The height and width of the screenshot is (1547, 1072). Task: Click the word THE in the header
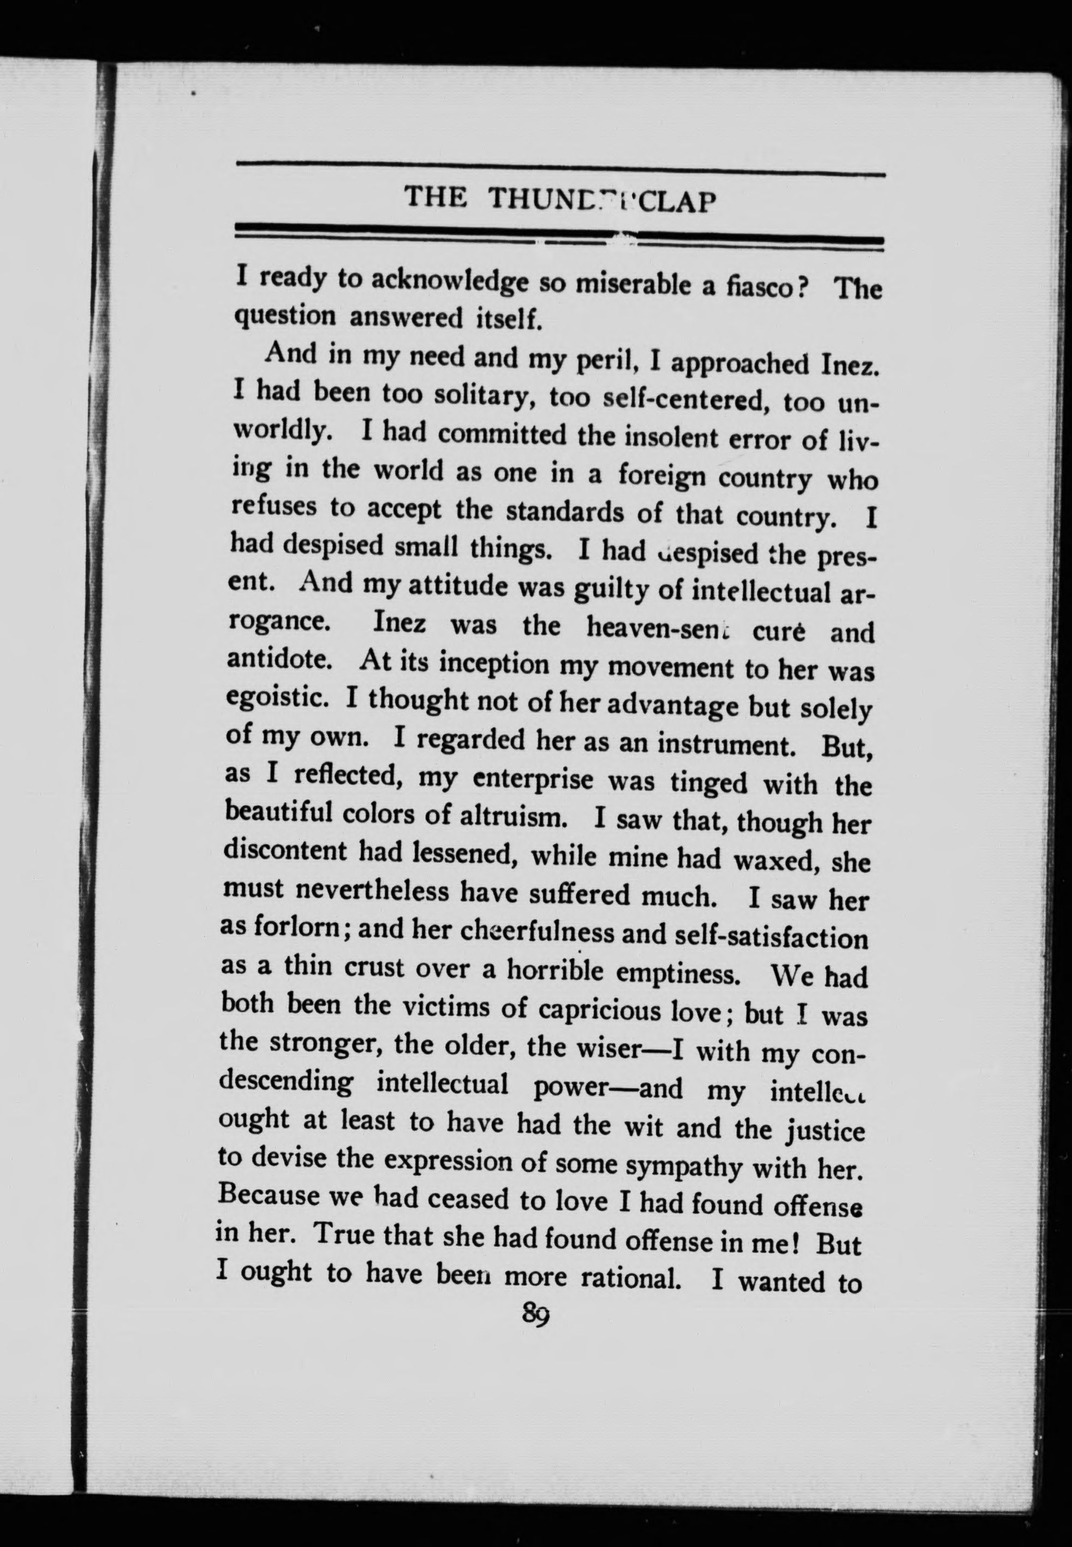435,197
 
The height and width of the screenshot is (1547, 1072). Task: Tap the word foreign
662,476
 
